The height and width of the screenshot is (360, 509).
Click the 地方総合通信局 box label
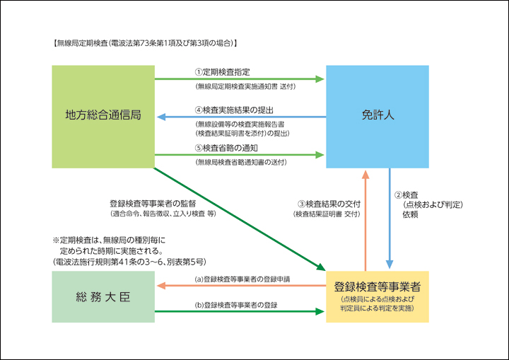coord(103,115)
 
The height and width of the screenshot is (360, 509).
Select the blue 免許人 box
coord(377,115)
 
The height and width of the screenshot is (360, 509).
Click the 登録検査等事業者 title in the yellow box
coord(377,289)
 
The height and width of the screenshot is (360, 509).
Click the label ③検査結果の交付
coord(329,204)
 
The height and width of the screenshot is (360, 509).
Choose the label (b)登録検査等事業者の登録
coord(235,305)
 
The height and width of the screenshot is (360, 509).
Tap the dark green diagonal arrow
coord(240,219)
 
